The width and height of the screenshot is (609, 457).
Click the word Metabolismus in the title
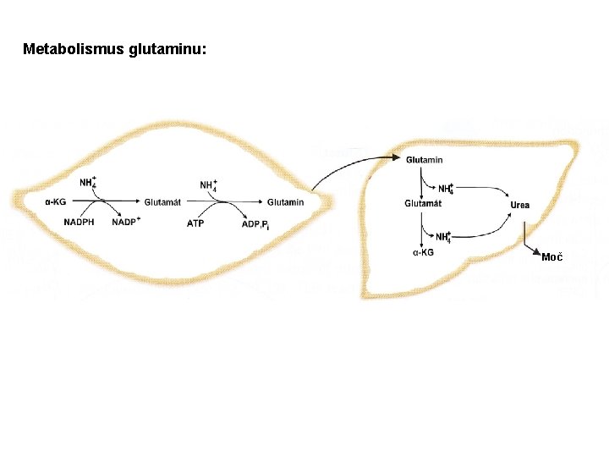74,49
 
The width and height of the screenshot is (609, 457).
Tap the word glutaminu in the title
167,49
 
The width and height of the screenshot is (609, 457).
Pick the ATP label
195,223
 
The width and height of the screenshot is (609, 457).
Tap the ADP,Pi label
254,223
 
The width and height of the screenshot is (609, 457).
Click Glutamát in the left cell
162,202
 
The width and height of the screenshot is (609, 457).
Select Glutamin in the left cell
285,202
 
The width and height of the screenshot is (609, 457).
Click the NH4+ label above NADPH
88,183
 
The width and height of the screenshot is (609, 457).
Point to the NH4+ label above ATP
208,185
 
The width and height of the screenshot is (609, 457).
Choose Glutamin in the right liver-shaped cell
424,160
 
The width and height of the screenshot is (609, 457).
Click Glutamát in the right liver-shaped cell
423,203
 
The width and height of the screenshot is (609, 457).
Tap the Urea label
519,205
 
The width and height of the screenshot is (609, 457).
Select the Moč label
551,256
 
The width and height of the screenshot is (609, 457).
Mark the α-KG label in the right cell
424,251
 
